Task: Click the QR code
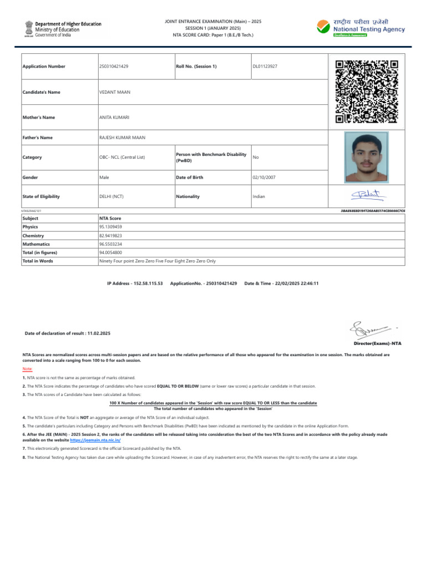(x=367, y=91)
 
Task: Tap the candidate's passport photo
(x=366, y=158)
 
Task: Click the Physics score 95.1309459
(x=110, y=227)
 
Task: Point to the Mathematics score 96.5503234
(x=110, y=244)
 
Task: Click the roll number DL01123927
(x=265, y=67)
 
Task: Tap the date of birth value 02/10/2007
(x=264, y=177)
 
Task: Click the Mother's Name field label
(x=38, y=118)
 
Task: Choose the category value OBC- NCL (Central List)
(x=122, y=158)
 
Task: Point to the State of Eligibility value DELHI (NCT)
(x=111, y=196)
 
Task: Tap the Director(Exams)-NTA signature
(x=369, y=332)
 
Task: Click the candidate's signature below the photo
(x=366, y=195)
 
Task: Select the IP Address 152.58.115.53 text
(x=135, y=283)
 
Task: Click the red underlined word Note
(x=27, y=369)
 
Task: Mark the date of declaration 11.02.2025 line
(x=68, y=333)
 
